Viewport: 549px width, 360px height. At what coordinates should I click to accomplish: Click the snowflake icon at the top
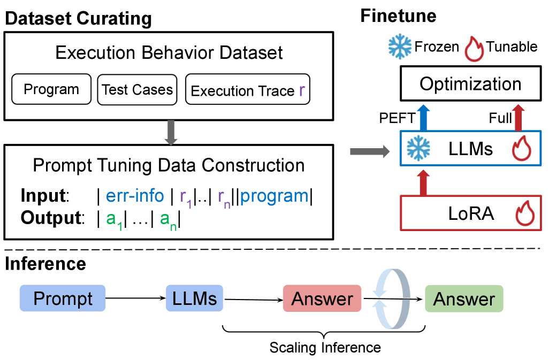[x=400, y=47]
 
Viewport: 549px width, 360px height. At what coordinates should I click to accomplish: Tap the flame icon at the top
[x=474, y=50]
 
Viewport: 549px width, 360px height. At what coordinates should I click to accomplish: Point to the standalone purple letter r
[x=302, y=90]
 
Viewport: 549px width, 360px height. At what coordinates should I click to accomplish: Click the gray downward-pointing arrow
[x=171, y=133]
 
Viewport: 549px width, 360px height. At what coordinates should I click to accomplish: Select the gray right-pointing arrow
[x=370, y=152]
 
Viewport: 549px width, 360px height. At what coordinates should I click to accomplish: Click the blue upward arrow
[x=423, y=117]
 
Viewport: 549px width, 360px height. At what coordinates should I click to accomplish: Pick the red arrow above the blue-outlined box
[x=517, y=117]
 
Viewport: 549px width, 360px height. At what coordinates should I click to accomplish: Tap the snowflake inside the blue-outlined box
[x=418, y=148]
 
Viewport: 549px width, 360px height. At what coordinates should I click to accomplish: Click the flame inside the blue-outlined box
[x=521, y=148]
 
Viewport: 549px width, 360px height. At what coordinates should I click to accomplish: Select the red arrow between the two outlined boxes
[x=423, y=182]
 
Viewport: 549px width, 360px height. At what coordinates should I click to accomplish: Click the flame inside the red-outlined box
[x=524, y=213]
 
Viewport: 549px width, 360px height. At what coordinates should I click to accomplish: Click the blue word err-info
[x=135, y=196]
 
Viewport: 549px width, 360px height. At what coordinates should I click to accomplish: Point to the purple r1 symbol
[x=186, y=198]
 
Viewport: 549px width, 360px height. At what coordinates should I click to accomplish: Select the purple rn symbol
[x=224, y=198]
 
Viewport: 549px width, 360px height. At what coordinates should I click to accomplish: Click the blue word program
[x=274, y=196]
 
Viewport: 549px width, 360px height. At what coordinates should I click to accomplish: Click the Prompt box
[x=63, y=298]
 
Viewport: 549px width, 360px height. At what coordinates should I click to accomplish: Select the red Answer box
[x=322, y=298]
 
